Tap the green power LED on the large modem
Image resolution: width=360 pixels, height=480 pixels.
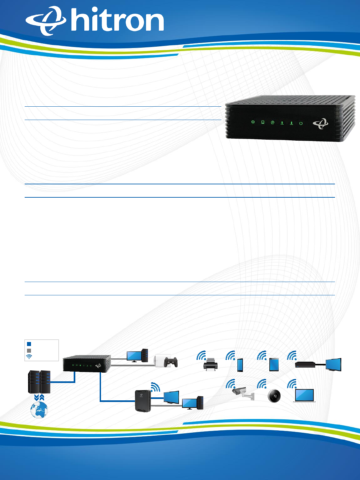(x=301, y=123)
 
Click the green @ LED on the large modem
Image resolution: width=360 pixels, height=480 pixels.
(x=272, y=123)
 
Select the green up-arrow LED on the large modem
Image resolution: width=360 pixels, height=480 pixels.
(x=282, y=123)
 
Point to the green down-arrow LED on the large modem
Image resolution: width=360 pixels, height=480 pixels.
(x=291, y=123)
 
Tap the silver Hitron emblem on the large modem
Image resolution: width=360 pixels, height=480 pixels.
(x=320, y=124)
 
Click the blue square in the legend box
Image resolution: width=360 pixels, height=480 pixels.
(x=29, y=344)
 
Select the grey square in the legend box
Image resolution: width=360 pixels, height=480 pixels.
(x=29, y=350)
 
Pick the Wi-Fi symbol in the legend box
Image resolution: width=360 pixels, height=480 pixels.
(x=29, y=357)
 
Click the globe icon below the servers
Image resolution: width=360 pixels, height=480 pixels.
(x=39, y=410)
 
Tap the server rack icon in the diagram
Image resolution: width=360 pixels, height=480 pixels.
(x=39, y=382)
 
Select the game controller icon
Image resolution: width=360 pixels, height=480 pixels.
(x=171, y=362)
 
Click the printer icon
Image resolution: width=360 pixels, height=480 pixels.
(x=210, y=365)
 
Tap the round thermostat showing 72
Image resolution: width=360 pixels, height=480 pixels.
(x=275, y=396)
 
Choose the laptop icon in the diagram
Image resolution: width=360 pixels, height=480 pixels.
(x=304, y=396)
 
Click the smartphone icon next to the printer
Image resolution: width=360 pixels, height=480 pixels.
(x=240, y=365)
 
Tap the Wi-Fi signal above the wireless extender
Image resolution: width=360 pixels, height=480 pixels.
(x=155, y=387)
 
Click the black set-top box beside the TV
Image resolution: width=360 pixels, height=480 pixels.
(x=305, y=365)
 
